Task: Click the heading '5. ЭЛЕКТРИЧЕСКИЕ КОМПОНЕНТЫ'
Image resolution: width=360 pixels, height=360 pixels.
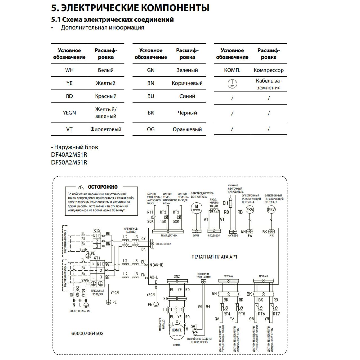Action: coord(130,8)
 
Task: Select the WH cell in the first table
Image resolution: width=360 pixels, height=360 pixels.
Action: coord(69,70)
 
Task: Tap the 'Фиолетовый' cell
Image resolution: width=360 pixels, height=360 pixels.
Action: coord(105,129)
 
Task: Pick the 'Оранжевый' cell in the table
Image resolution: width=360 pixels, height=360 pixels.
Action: coord(187,129)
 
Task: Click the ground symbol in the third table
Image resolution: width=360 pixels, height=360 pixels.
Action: coord(232,84)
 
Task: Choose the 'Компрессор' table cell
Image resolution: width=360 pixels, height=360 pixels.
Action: coord(268,70)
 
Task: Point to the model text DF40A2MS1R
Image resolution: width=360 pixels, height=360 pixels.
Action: coord(69,155)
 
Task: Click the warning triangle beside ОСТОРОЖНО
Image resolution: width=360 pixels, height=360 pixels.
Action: coord(81,187)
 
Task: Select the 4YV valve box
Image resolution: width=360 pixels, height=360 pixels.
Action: coord(214,211)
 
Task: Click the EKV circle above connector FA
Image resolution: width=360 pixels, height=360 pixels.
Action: coord(250,210)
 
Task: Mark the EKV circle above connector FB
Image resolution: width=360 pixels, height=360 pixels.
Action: coord(271,210)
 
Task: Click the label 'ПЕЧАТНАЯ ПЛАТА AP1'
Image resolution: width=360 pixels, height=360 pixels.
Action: coord(214,257)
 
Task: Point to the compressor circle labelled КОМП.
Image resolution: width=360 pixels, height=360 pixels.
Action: coord(177,331)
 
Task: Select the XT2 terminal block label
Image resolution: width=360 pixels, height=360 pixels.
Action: coord(97,230)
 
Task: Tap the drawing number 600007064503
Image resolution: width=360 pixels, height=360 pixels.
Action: coord(87,334)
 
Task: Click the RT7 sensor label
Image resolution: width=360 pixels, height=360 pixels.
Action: coord(276,314)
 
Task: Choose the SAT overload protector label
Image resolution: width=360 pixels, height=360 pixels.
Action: coord(194,326)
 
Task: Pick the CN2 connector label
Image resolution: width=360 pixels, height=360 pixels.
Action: coord(177,276)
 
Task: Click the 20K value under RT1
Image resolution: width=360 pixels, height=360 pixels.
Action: coord(150,221)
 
